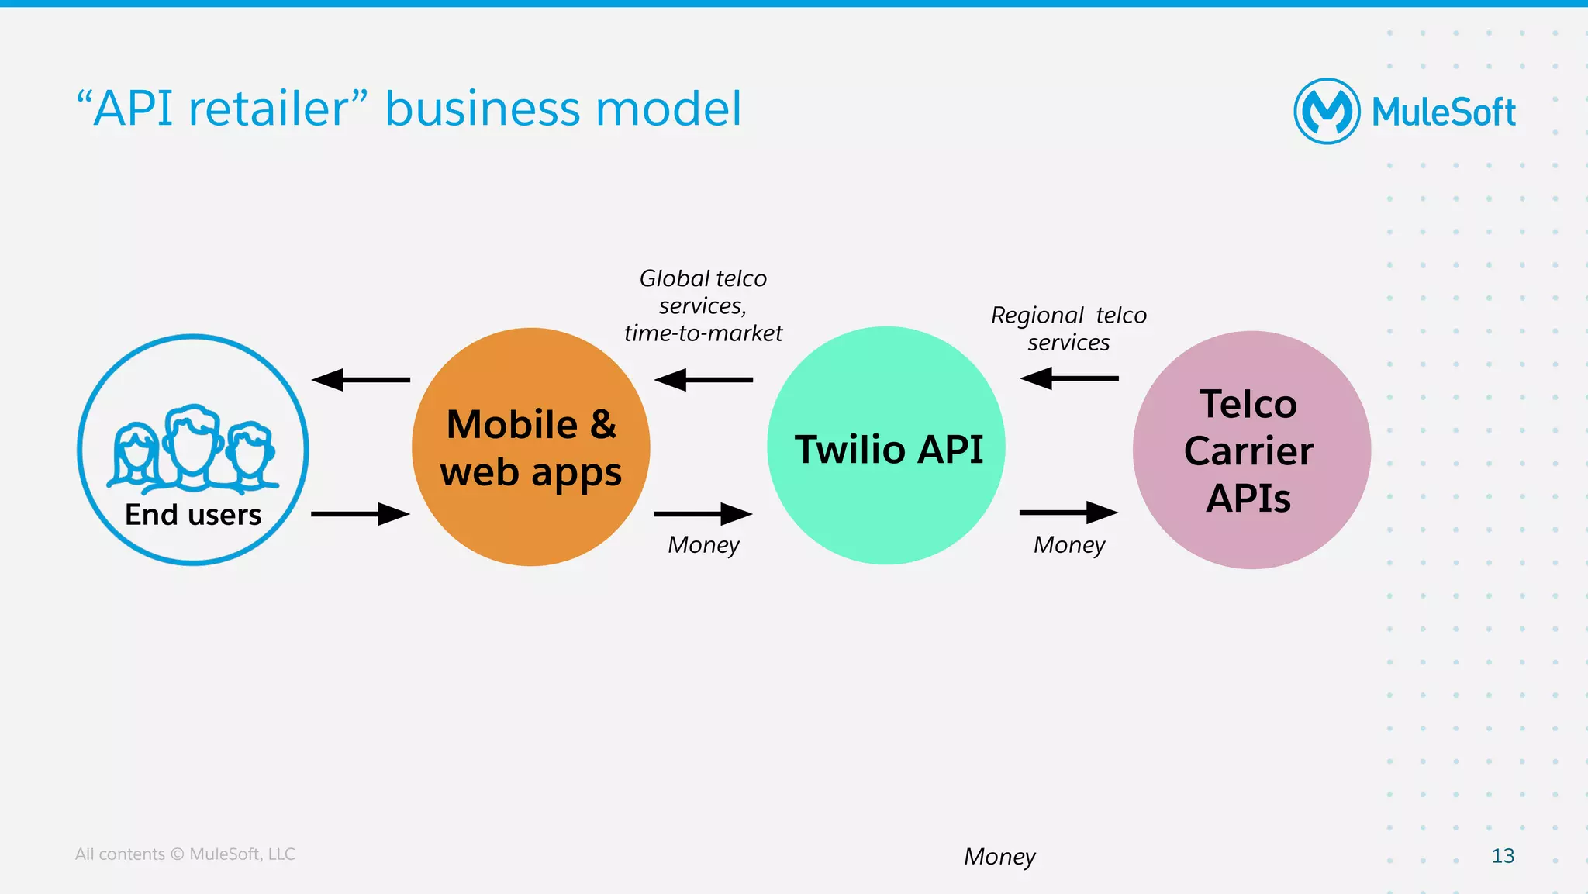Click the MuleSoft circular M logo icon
[1327, 111]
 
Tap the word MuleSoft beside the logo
[1443, 112]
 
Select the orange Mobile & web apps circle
[530, 447]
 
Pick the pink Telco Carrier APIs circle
[1251, 450]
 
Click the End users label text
[193, 515]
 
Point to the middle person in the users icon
[193, 446]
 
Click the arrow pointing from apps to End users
[361, 380]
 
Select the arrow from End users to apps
[361, 513]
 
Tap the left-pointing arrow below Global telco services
[703, 380]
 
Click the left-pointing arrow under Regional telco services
[1068, 378]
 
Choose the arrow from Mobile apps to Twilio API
[703, 513]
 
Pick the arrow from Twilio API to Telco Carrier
[1068, 513]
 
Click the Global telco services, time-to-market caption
[703, 305]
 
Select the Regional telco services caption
[1068, 329]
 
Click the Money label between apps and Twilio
[703, 545]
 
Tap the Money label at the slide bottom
[999, 857]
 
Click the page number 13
[1502, 856]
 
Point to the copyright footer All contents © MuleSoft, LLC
[185, 854]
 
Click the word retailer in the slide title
[270, 109]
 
